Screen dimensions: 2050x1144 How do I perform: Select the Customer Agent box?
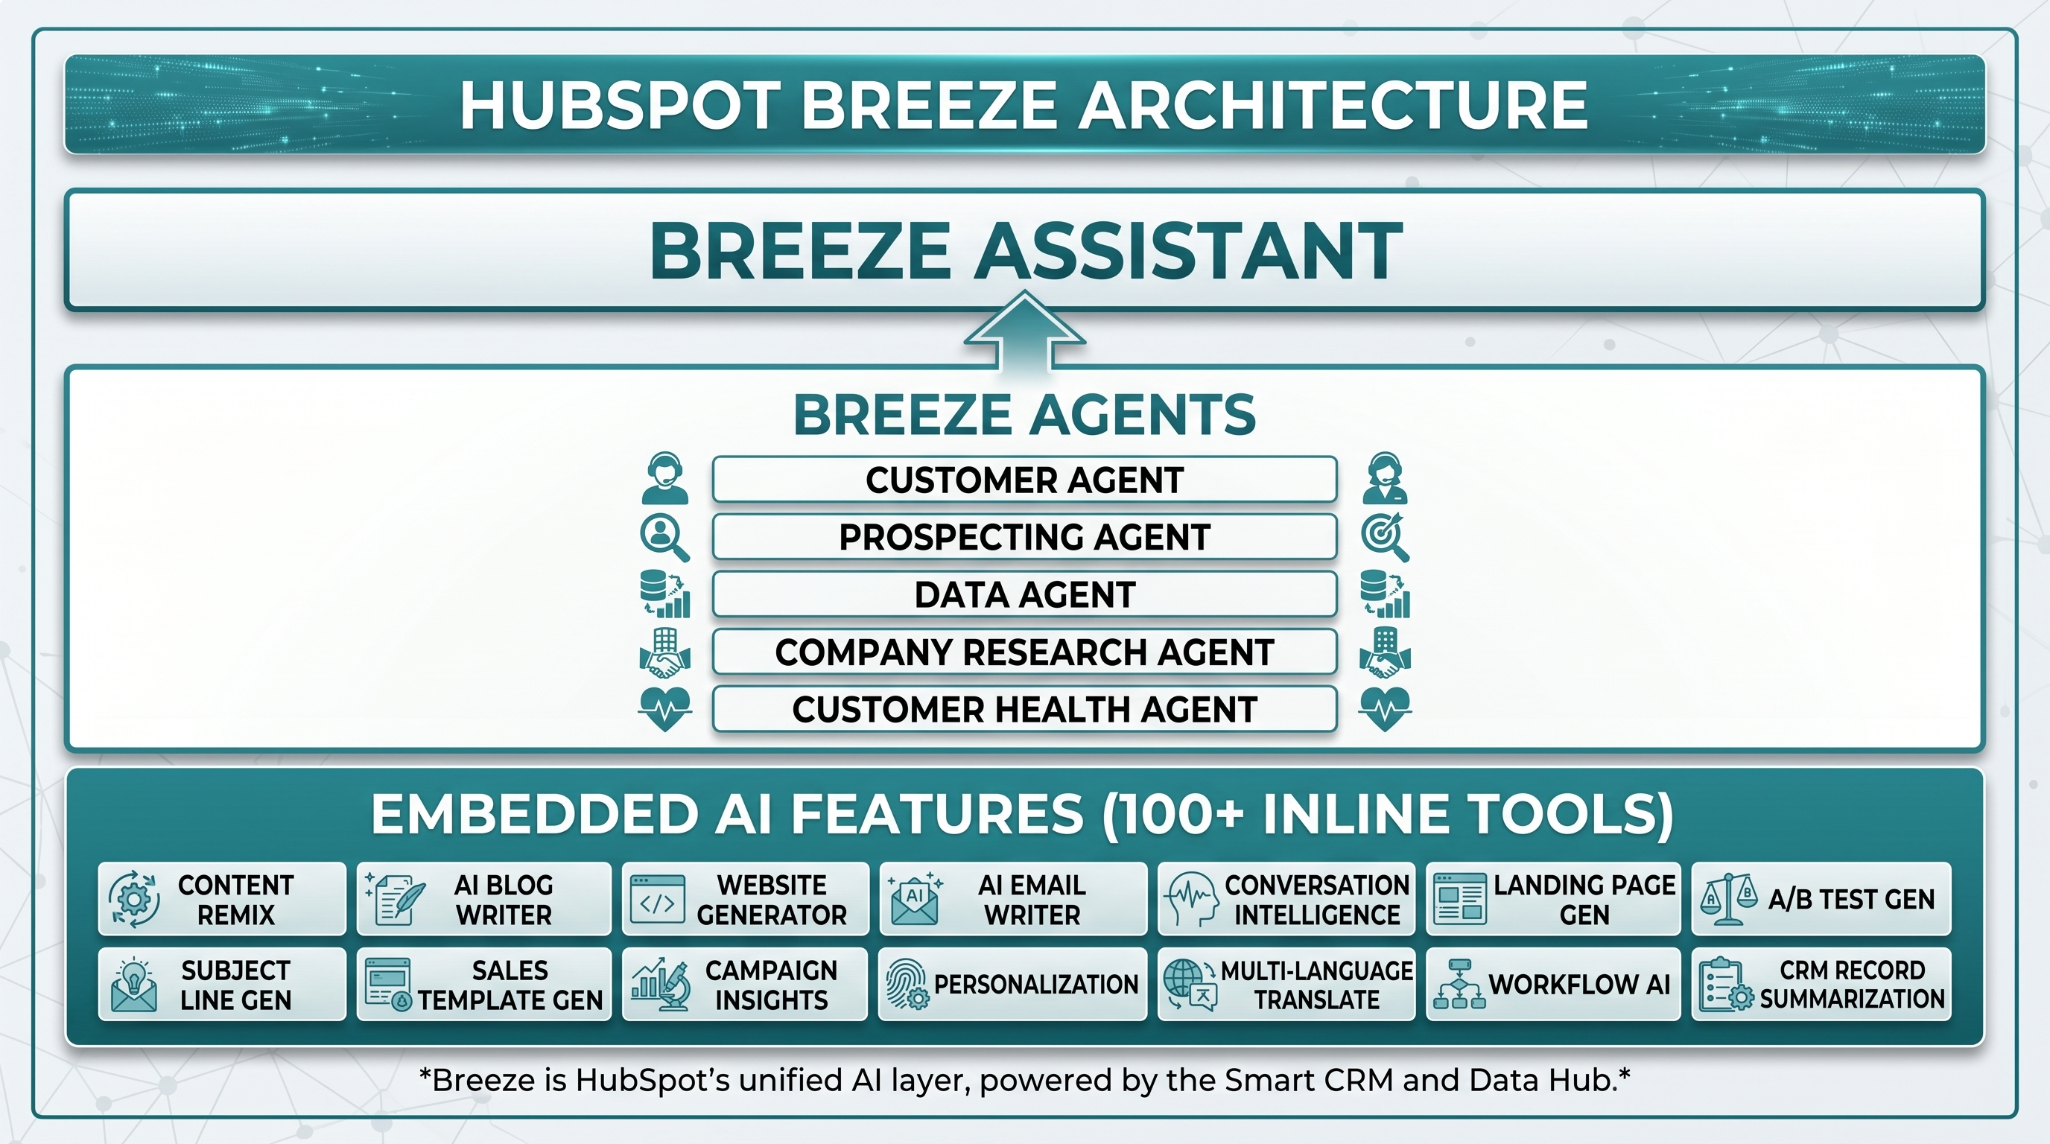(1024, 480)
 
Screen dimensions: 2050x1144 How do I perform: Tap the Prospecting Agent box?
(1024, 537)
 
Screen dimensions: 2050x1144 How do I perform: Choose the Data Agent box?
(1024, 594)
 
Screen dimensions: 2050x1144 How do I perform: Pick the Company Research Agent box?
(1024, 652)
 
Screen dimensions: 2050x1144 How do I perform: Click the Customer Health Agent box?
(1024, 709)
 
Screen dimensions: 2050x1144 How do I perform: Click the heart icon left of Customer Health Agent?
(665, 709)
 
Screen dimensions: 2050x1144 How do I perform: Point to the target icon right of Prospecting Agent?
(1385, 538)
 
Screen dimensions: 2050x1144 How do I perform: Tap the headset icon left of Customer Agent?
(664, 478)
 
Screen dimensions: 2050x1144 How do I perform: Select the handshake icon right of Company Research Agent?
(1385, 652)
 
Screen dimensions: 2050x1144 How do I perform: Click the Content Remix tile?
(222, 899)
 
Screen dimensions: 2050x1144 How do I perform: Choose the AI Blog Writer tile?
(484, 899)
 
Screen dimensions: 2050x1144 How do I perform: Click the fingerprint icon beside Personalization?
(907, 984)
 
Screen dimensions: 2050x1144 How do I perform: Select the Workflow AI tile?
(1552, 984)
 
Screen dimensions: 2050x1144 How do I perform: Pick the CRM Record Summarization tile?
(1821, 984)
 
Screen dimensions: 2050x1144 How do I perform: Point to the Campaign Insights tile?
(745, 984)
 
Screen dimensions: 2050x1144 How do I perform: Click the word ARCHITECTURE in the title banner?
(1333, 105)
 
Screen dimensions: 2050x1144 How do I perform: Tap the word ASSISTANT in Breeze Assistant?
(1189, 250)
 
